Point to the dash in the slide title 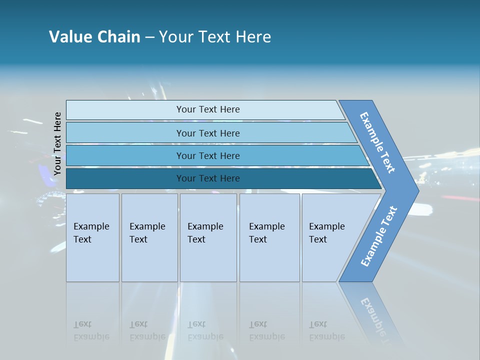pyautogui.click(x=149, y=37)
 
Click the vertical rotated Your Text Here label pyautogui.click(x=57, y=143)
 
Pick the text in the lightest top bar pyautogui.click(x=208, y=109)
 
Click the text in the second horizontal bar pyautogui.click(x=208, y=133)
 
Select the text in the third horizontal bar pyautogui.click(x=208, y=156)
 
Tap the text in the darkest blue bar pyautogui.click(x=208, y=178)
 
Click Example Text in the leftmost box pyautogui.click(x=91, y=233)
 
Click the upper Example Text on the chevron pyautogui.click(x=377, y=142)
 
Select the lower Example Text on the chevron pyautogui.click(x=379, y=236)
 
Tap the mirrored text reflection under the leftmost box pyautogui.click(x=91, y=330)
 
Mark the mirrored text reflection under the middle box pyautogui.click(x=205, y=330)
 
